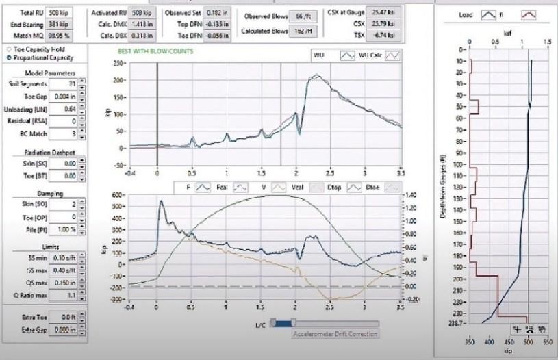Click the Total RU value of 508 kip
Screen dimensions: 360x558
[57, 13]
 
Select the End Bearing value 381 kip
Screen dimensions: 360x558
[57, 23]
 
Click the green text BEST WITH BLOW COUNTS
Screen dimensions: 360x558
[155, 51]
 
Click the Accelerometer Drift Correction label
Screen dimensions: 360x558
[335, 335]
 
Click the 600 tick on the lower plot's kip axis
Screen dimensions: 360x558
[117, 194]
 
